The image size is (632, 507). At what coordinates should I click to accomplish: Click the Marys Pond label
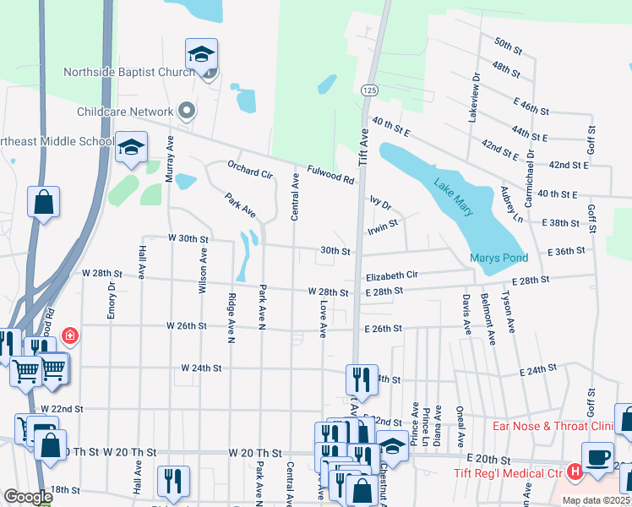coord(499,258)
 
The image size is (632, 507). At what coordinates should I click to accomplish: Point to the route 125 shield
coord(369,89)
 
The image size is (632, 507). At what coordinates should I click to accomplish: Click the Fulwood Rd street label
coord(330,174)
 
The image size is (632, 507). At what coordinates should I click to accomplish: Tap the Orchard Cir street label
coord(249,169)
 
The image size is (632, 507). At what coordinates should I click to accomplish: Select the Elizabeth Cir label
coord(392,275)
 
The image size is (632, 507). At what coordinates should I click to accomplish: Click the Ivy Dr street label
coord(381,204)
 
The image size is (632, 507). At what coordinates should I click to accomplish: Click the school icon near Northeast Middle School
coord(131,148)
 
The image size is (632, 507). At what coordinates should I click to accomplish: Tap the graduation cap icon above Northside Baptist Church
coord(201,55)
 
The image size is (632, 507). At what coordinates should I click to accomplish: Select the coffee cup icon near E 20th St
coord(598,457)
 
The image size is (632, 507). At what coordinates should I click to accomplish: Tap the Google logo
coord(27,497)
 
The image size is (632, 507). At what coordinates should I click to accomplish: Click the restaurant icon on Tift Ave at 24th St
coord(362,380)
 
